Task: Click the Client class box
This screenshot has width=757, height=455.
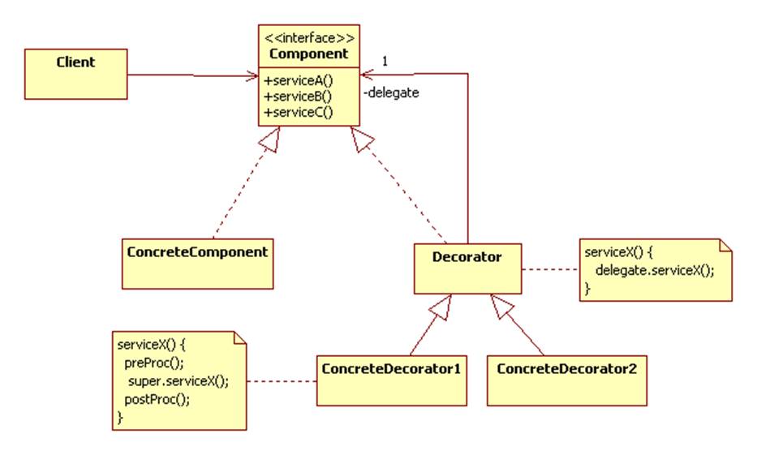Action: (75, 73)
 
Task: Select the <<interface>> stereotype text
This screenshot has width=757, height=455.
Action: (309, 37)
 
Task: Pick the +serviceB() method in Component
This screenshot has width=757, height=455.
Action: (299, 96)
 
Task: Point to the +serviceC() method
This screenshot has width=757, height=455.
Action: (299, 112)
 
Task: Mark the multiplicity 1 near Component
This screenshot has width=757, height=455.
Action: (385, 61)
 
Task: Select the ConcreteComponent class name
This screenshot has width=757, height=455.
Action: (197, 251)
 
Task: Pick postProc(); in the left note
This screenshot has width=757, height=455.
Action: (153, 399)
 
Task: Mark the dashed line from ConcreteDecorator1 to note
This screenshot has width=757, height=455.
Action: (281, 380)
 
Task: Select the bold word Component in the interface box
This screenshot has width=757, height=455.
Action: (309, 54)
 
